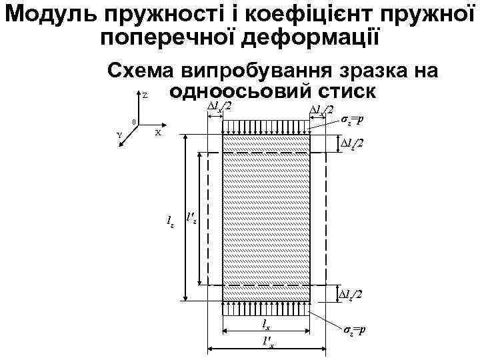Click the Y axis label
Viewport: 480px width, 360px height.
(119, 135)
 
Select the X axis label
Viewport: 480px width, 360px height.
(158, 133)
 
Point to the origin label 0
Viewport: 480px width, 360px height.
(134, 122)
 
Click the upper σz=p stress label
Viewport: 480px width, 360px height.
(351, 120)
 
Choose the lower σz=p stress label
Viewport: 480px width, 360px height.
(353, 331)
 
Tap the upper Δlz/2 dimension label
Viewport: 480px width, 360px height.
(352, 143)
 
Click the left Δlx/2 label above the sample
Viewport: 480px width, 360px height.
(219, 107)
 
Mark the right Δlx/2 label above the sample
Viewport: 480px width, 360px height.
(322, 110)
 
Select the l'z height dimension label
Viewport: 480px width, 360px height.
(191, 217)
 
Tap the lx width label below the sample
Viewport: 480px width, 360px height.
(265, 325)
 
